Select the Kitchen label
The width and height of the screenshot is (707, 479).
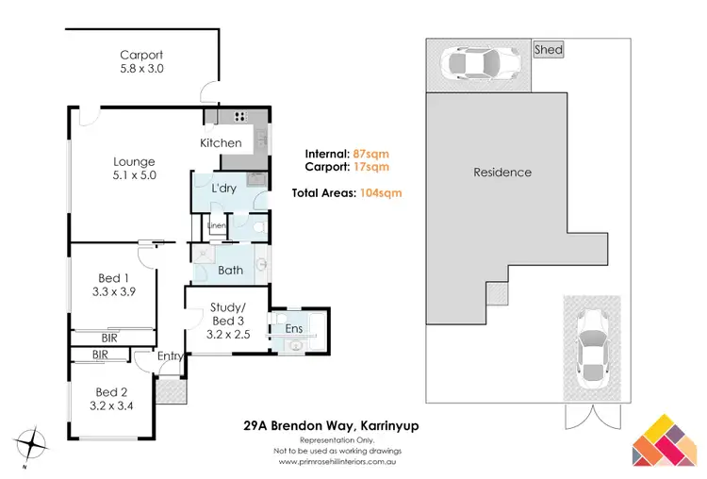(222, 143)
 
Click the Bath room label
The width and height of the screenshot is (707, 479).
(231, 271)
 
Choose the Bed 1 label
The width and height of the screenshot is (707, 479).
(114, 285)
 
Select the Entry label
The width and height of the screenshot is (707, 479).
(170, 355)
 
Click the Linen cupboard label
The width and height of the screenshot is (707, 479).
(216, 226)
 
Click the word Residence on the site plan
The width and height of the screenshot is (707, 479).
(501, 173)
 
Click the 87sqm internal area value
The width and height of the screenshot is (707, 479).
(371, 153)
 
